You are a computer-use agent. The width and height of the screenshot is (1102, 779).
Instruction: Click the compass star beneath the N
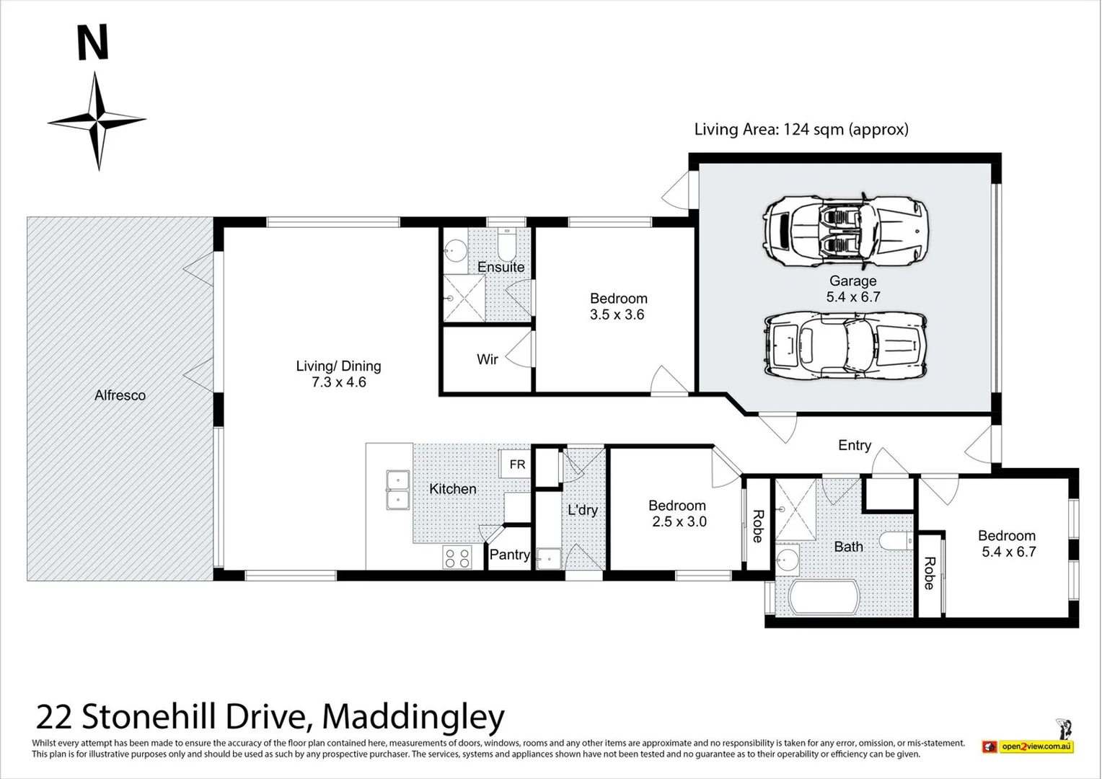click(x=97, y=120)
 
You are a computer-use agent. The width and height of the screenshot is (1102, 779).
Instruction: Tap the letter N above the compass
click(x=92, y=43)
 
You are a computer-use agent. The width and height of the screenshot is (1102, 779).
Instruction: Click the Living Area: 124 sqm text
click(x=801, y=129)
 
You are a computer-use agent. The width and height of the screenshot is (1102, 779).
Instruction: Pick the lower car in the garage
click(x=845, y=345)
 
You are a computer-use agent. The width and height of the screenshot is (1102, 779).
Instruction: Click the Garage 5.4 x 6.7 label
click(x=852, y=289)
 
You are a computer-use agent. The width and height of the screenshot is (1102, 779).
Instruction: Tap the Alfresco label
click(x=120, y=395)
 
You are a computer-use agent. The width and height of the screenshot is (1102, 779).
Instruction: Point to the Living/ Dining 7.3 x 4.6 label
click(x=338, y=374)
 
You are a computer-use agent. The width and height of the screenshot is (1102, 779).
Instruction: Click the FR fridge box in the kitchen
click(x=517, y=464)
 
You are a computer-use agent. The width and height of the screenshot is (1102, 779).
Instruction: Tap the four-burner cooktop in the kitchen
click(x=457, y=558)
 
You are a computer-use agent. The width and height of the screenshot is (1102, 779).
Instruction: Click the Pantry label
click(x=509, y=555)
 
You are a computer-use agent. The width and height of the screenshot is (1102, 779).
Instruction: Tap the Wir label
click(x=487, y=359)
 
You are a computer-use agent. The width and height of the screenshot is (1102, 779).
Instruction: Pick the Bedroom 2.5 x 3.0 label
click(x=676, y=514)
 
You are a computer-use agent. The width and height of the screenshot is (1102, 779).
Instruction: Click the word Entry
click(x=854, y=445)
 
